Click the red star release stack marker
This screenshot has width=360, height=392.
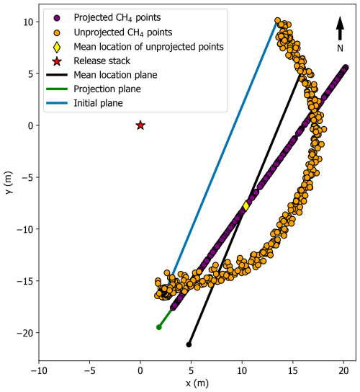[x=140, y=125]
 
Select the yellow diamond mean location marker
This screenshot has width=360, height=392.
[x=246, y=205]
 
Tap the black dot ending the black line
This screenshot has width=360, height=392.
[x=189, y=344]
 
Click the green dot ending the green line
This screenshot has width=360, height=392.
[x=159, y=327]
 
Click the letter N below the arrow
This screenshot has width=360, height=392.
[x=340, y=48]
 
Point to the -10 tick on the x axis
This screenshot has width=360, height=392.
[x=39, y=371]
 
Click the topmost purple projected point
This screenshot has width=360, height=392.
[x=346, y=68]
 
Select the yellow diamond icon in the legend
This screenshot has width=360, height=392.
[x=57, y=46]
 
